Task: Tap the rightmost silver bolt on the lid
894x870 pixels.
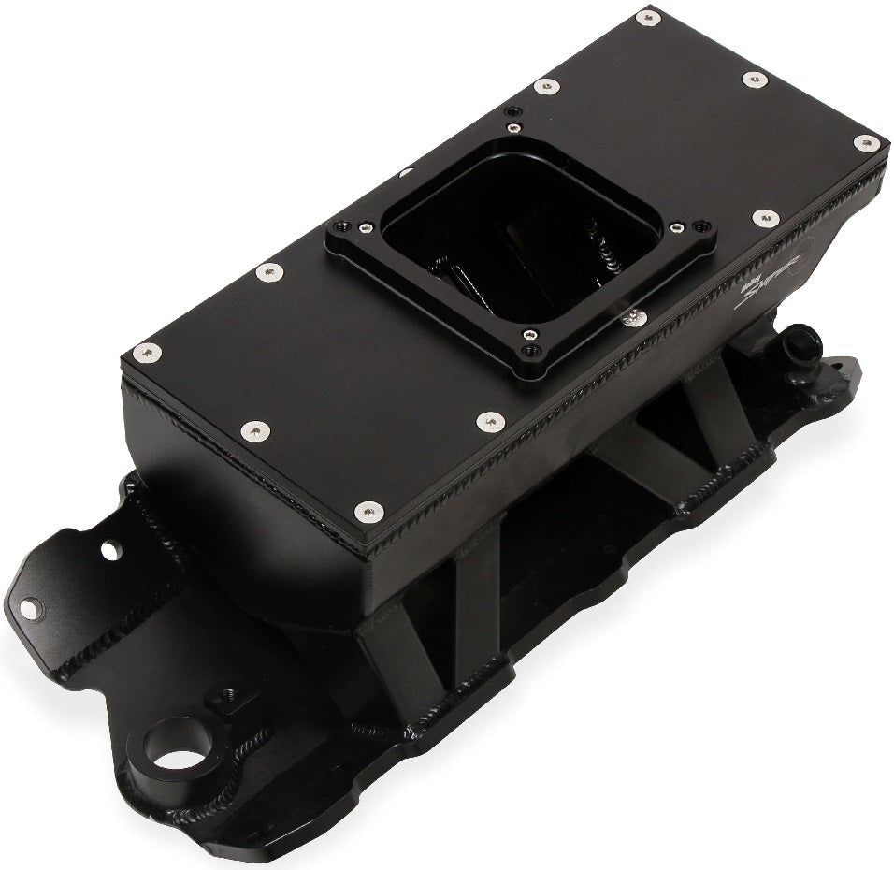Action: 867,143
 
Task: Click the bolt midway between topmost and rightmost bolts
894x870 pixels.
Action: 756,80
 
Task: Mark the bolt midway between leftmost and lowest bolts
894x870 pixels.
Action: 254,431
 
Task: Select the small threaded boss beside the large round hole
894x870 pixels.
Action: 224,697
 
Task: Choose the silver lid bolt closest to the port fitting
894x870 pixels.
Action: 765,218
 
